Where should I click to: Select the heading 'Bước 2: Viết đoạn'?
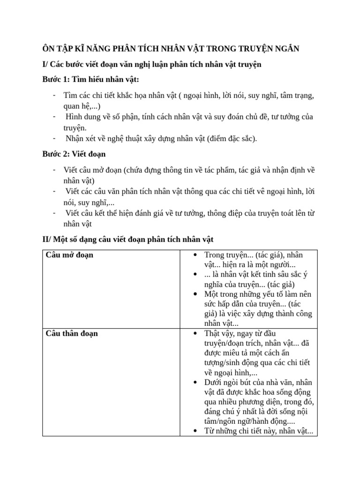74,154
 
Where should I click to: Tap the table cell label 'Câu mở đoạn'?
69,255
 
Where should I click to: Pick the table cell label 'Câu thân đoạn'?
72,333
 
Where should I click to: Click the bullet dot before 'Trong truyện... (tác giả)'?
195,255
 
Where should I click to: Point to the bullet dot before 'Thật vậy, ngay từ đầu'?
195,333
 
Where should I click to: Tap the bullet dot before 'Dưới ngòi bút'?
195,382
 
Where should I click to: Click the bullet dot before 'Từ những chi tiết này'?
195,432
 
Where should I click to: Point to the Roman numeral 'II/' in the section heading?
46,239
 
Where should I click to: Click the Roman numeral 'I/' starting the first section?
45,64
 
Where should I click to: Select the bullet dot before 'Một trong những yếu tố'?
195,294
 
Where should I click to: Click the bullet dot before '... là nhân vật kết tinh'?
195,274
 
